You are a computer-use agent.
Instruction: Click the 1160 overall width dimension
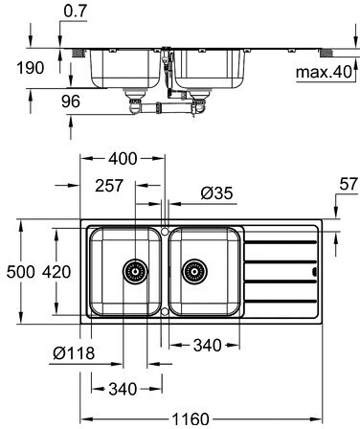point(191,418)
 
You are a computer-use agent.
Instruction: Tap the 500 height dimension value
point(20,272)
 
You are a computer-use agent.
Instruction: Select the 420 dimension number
point(56,272)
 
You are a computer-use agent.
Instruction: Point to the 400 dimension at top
point(123,159)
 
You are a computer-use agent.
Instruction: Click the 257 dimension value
point(109,186)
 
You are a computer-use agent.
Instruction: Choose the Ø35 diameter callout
point(216,193)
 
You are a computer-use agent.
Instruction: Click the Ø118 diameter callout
point(74,353)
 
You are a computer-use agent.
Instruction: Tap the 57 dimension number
point(349,184)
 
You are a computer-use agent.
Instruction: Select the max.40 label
point(324,73)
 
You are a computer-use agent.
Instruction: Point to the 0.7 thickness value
point(76,11)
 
